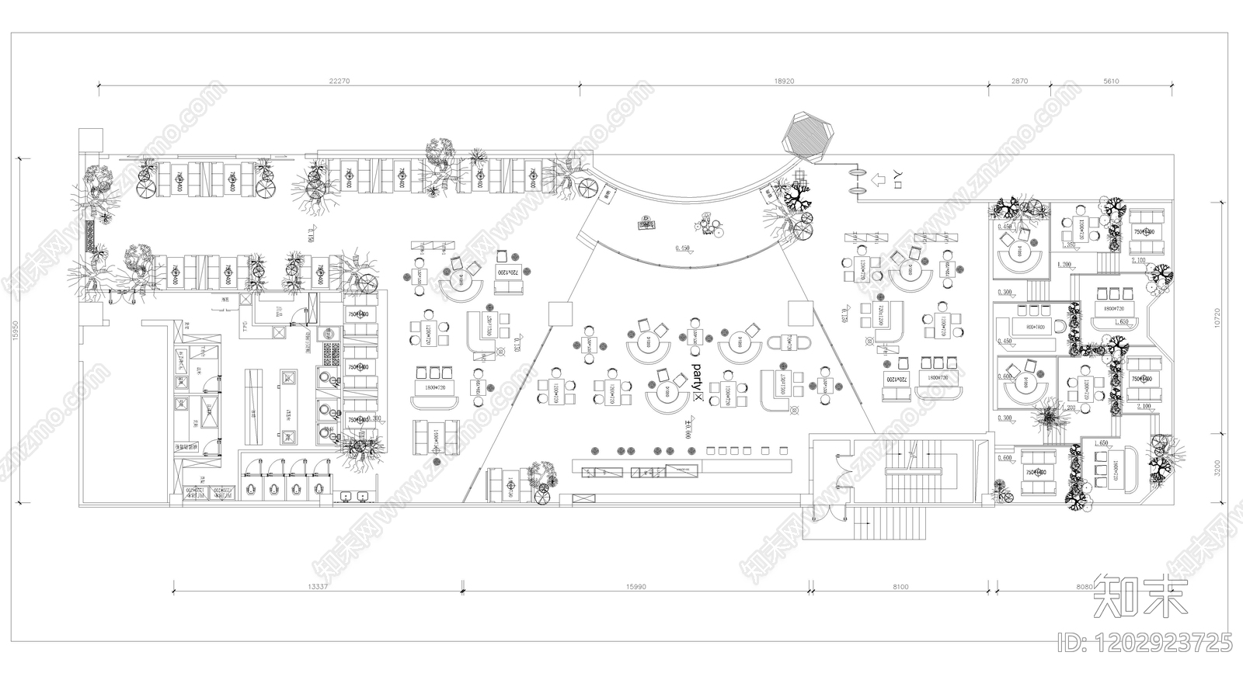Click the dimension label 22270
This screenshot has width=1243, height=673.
339,80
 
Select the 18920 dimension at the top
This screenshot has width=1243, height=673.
785,80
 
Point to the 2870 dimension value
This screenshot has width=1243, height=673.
1019,80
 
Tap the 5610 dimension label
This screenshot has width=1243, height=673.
1112,80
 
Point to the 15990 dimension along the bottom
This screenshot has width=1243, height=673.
635,587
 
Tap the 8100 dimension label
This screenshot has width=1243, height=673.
899,587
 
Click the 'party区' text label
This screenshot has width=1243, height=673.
696,382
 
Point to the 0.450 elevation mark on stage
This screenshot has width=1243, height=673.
683,248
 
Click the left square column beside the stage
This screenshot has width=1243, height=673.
558,314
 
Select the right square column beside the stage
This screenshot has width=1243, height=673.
799,313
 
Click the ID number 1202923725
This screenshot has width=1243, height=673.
1145,642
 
